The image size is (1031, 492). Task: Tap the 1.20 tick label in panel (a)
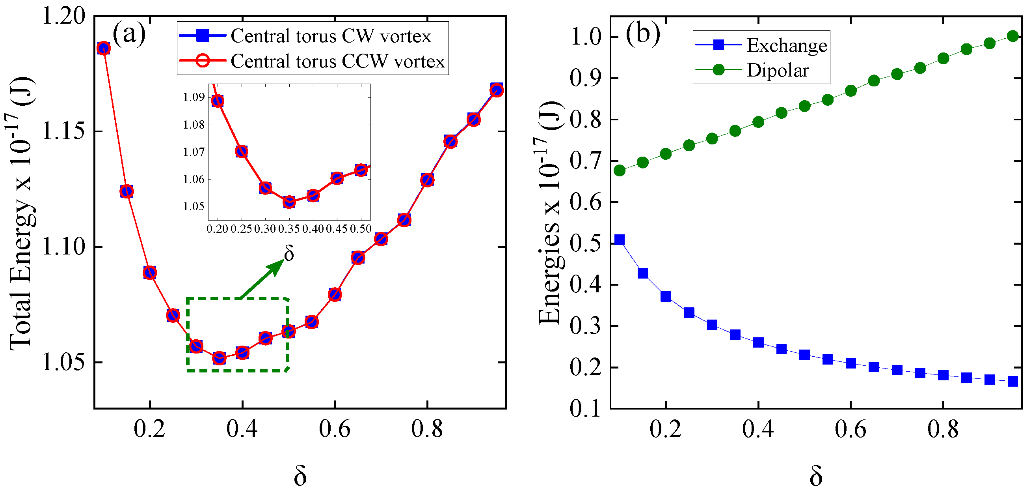(64, 17)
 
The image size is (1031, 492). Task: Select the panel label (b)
(643, 33)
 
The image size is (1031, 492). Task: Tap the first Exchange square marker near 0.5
(619, 239)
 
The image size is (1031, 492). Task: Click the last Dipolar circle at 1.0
(1012, 36)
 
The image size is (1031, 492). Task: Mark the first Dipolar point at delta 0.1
(619, 171)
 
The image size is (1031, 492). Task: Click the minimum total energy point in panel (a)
(219, 358)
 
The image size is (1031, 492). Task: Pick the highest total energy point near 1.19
(104, 48)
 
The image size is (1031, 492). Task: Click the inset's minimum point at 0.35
(289, 202)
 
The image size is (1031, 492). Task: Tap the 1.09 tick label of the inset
(194, 97)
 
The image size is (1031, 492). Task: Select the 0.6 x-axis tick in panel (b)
(850, 429)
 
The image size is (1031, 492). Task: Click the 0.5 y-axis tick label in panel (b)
(585, 243)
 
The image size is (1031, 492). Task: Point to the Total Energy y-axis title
(22, 212)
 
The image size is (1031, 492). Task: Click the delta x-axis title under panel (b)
(816, 476)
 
